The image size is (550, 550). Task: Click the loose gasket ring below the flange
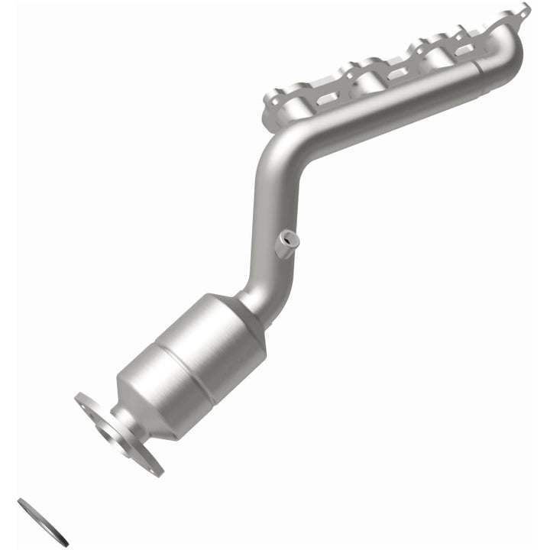coord(43,522)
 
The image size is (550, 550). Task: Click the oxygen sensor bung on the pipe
coord(287,242)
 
